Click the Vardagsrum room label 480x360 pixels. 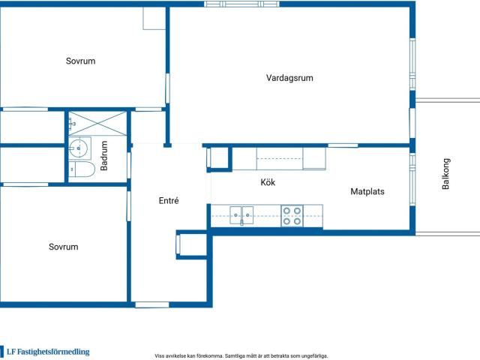coord(289,78)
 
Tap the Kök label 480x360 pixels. coord(268,182)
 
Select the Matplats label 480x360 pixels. coord(367,192)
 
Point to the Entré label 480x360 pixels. coord(169,200)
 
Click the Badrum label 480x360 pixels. coord(104,155)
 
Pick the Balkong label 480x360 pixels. coord(445,173)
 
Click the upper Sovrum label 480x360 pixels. coord(80,61)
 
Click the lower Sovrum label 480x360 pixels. coord(63,247)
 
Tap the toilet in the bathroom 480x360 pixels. coord(82,169)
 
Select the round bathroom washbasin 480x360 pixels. coord(79,148)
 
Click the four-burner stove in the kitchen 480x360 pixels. coord(292,216)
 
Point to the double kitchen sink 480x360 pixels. coord(241,215)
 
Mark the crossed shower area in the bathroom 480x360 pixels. coord(97,123)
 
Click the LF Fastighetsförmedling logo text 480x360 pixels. coord(48,352)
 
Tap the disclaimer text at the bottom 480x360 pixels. coord(241,356)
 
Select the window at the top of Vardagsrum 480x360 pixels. coord(241,4)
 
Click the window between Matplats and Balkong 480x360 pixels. coord(412,179)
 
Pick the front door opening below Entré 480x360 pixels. coord(152,305)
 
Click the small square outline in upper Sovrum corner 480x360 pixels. coord(154,18)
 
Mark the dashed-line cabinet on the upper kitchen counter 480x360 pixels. coord(280,158)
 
